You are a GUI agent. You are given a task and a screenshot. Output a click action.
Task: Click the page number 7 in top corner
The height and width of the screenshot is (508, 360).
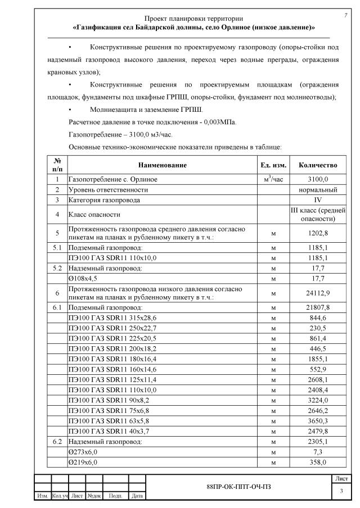[x=345, y=15]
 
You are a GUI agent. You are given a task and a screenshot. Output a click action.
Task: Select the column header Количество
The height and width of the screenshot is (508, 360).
[x=318, y=165]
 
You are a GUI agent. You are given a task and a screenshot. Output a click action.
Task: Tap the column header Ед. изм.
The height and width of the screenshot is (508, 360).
[x=273, y=165]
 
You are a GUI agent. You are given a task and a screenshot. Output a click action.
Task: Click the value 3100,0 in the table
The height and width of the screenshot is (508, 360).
[x=318, y=179]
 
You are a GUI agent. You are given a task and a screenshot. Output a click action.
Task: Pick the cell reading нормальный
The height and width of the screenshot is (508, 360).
[x=318, y=189]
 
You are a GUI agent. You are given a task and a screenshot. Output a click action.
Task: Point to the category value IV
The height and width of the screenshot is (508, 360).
[x=318, y=199]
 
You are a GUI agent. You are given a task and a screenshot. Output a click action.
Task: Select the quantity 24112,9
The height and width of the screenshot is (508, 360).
[x=318, y=293]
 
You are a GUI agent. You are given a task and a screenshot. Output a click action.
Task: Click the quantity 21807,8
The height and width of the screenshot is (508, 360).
[x=318, y=307]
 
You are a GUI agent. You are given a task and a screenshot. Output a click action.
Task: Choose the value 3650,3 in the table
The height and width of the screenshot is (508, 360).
[x=318, y=421]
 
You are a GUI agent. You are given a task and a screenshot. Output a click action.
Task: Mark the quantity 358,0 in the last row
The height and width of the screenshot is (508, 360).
[x=318, y=462]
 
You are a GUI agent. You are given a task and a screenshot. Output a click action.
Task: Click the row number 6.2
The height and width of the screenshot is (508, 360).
[x=57, y=442]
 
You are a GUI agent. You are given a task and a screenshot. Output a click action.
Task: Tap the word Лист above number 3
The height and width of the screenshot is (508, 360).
[x=341, y=478]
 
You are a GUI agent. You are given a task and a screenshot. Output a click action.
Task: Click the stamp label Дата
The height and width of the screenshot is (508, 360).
[x=137, y=496]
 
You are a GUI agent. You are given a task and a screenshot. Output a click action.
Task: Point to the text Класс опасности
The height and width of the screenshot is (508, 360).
[x=94, y=214]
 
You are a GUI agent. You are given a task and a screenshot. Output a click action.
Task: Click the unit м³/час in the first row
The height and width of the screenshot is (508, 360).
[x=273, y=179]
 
